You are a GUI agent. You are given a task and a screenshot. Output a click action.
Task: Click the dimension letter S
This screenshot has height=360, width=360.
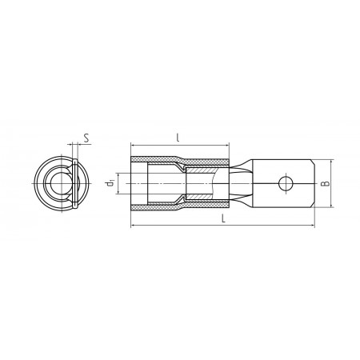[x=86, y=138]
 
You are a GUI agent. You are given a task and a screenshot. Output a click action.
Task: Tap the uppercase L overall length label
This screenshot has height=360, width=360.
[x=224, y=218]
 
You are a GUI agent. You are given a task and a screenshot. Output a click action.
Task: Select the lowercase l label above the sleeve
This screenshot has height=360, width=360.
[x=178, y=138]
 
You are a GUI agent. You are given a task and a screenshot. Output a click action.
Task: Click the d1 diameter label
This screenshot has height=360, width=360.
[x=110, y=183]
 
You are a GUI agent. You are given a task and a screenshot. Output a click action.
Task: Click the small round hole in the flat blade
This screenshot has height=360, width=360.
[x=286, y=183]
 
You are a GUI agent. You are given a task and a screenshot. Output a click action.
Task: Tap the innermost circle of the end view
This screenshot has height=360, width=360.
[x=62, y=183]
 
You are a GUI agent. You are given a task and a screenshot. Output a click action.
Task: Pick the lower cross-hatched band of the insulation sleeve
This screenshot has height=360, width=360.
[x=179, y=206]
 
